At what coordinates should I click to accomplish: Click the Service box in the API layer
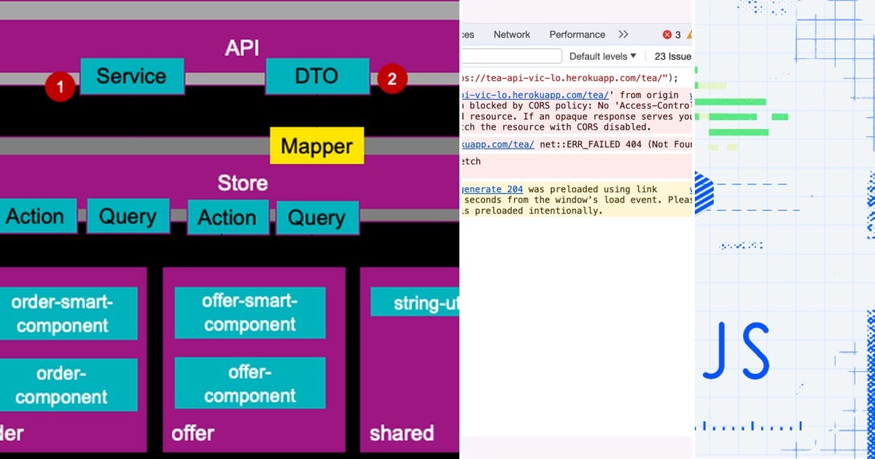(132, 76)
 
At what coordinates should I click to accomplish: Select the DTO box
(316, 76)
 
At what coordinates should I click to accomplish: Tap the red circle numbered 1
(61, 87)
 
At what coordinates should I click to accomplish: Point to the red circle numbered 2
(392, 79)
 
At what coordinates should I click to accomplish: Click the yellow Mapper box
(316, 146)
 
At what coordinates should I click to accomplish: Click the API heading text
(242, 48)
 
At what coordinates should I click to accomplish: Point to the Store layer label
(242, 183)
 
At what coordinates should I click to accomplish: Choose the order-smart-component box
(63, 313)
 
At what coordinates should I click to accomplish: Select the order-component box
(62, 385)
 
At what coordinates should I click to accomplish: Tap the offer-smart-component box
(249, 313)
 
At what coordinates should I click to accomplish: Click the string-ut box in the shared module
(416, 302)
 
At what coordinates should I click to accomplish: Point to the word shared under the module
(401, 433)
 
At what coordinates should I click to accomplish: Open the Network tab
(512, 34)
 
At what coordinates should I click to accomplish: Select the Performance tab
(577, 34)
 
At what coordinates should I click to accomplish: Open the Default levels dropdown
(602, 56)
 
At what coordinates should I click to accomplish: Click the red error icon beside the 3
(666, 34)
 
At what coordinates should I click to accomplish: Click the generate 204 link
(493, 189)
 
